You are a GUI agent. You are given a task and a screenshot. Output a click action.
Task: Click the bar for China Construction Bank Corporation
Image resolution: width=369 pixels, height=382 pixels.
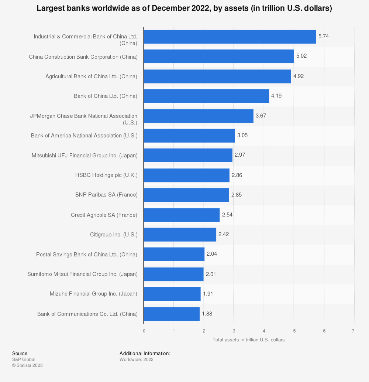coord(218,57)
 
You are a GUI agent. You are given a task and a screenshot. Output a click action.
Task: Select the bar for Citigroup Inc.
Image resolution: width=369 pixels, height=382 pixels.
coord(180,235)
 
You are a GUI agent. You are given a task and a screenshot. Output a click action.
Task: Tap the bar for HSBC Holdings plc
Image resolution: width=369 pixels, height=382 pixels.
coord(186,175)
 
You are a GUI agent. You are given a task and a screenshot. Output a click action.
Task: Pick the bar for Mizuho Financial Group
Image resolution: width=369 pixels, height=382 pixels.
coord(172,294)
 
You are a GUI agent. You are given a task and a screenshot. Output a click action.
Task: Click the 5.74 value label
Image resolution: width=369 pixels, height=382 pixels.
coord(324,36)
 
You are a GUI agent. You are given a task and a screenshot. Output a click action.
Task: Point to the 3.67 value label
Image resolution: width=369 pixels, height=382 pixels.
coord(261,116)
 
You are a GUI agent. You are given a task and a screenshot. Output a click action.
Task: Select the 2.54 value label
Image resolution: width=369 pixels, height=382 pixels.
coord(227,215)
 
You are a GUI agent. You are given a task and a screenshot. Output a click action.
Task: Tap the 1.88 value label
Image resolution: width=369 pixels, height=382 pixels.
coord(207,314)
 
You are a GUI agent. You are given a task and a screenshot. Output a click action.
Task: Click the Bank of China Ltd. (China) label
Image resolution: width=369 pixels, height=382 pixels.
coord(106,96)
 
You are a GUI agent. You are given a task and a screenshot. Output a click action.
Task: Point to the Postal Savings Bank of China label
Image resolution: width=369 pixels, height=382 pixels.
coord(87,255)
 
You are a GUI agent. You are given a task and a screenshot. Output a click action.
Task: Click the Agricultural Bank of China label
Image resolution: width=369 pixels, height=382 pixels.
coord(92,76)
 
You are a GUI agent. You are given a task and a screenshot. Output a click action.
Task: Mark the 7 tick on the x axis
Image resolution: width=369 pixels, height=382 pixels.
coord(354,331)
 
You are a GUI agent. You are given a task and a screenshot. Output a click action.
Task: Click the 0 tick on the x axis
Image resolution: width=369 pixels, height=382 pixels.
coord(144,331)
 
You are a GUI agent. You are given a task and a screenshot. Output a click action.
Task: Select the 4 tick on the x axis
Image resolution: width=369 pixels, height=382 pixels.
coord(264,331)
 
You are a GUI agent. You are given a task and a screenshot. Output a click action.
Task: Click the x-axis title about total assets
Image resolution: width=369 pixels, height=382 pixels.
coord(248,340)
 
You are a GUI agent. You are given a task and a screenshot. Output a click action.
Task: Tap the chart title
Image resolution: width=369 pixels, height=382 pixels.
coord(184,8)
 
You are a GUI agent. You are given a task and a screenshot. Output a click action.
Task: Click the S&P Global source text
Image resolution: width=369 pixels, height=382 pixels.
coord(24,359)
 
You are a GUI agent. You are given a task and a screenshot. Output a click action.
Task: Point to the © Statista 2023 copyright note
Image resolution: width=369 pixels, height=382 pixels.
coord(27,365)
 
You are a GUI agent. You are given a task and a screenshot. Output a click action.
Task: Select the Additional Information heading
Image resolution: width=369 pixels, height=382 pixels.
coord(145,354)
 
